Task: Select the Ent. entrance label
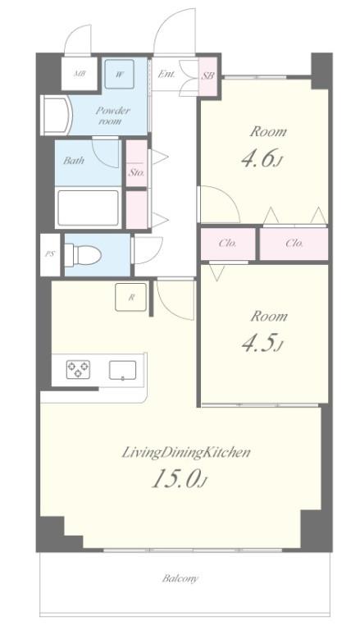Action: coord(166,75)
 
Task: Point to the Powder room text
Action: coord(113,116)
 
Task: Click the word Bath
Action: coord(74,161)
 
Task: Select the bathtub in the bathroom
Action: coord(88,208)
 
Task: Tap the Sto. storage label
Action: coord(136,173)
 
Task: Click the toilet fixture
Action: coord(83,255)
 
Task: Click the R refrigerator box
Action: coord(131,298)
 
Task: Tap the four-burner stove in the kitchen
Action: coord(79,370)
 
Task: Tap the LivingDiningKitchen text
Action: coord(186,452)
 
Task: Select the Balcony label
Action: coord(180,578)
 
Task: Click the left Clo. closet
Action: coord(228,243)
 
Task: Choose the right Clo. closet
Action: coord(294,243)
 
